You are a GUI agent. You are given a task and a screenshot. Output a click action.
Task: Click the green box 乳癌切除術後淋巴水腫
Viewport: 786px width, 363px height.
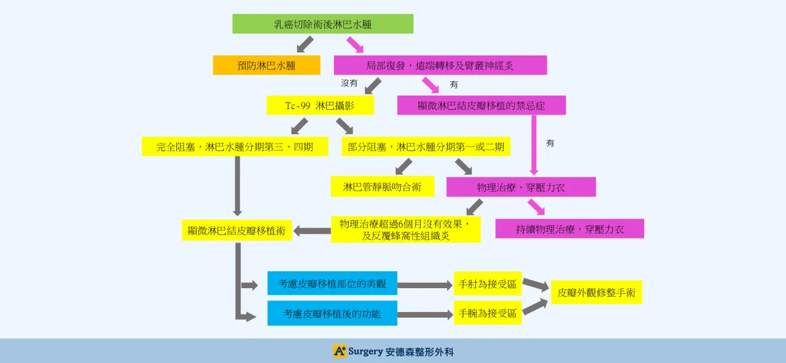tap(322, 24)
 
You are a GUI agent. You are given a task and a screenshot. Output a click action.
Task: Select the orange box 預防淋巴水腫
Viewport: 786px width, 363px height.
tap(267, 65)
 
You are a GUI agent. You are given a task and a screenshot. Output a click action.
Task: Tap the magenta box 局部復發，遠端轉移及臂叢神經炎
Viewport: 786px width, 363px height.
tap(440, 65)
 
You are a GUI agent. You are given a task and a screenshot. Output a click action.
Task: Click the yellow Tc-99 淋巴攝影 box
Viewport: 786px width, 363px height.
tap(320, 105)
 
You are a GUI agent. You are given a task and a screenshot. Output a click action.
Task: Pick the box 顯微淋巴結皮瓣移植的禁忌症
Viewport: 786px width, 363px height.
tap(481, 105)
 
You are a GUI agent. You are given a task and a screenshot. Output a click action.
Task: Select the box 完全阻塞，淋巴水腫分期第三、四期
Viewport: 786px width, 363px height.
tap(235, 147)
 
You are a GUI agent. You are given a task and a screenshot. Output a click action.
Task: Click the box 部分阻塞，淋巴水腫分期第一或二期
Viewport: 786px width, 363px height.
tap(426, 147)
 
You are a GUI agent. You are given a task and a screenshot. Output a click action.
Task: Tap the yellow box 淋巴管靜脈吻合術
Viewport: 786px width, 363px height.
tap(382, 186)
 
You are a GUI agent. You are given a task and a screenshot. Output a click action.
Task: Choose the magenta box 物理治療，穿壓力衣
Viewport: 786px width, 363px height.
tap(521, 187)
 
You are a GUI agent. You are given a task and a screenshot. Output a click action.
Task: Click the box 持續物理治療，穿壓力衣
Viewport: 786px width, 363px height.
tap(569, 229)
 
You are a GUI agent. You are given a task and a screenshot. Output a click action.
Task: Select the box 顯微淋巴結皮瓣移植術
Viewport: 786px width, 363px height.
tap(237, 230)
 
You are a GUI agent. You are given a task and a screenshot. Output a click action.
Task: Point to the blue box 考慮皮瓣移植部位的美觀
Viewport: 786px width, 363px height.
tap(332, 283)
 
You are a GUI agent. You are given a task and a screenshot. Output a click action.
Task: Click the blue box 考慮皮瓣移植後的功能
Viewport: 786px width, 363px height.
tap(332, 313)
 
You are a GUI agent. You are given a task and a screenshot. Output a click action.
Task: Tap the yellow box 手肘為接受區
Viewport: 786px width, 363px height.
tap(488, 283)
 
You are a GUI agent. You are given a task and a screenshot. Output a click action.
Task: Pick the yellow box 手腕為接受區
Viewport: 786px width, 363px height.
tap(488, 313)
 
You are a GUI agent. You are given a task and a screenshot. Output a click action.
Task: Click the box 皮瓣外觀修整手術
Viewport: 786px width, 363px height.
tap(596, 292)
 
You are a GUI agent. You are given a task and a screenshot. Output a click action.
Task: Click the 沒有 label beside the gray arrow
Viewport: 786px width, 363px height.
tap(349, 83)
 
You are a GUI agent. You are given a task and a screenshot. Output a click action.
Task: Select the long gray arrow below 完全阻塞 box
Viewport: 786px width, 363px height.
tap(238, 185)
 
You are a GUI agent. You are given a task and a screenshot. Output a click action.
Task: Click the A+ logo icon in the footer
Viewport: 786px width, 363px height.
tap(339, 351)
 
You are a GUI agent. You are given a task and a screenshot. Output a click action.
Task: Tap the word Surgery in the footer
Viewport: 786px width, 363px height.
tap(365, 351)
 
